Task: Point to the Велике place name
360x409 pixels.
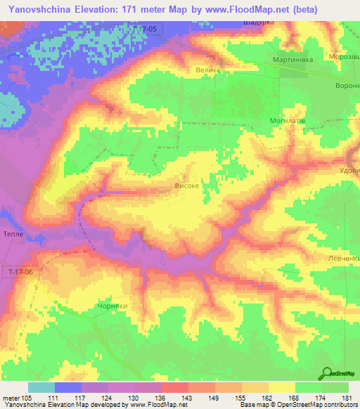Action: point(208,70)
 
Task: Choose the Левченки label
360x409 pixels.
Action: point(343,258)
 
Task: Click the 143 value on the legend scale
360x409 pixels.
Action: point(188,398)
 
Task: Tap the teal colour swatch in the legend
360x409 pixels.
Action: point(41,387)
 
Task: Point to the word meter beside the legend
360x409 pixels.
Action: point(9,398)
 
